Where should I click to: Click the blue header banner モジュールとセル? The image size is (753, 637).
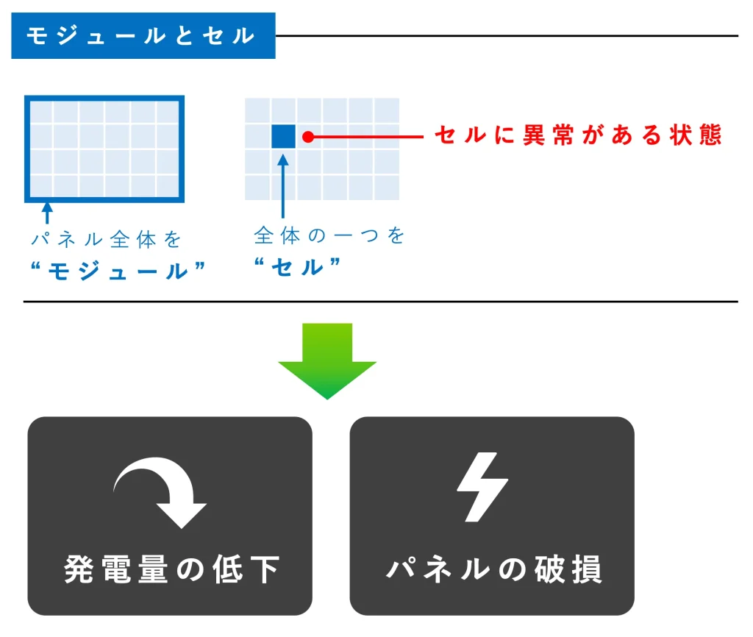[143, 35]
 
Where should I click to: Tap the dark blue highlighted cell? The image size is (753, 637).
[283, 136]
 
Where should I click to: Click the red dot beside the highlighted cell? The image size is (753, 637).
[308, 137]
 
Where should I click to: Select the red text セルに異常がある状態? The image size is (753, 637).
[578, 135]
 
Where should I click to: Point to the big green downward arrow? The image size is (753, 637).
[327, 360]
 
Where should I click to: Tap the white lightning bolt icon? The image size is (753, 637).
[482, 487]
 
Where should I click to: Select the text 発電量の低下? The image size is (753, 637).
[171, 570]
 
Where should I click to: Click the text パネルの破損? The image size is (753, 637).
[494, 570]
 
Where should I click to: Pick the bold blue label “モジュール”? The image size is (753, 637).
[118, 271]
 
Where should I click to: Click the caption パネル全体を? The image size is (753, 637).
[106, 239]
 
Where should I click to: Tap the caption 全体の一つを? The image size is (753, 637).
[329, 235]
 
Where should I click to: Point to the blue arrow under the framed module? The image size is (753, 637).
[47, 213]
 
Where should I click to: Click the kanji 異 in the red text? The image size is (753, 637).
[534, 135]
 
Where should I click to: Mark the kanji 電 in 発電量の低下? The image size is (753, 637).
[116, 570]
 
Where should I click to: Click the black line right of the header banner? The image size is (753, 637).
[507, 35]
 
